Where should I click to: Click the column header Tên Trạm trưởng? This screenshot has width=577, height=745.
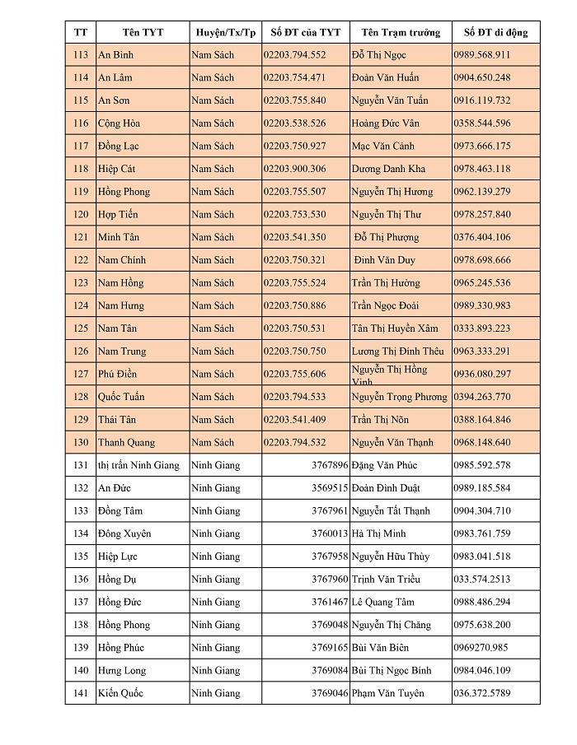[x=400, y=33]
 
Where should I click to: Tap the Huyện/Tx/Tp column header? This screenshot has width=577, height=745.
[x=225, y=33]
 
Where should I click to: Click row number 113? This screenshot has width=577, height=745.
[x=80, y=55]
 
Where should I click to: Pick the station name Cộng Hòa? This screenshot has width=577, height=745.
[x=119, y=123]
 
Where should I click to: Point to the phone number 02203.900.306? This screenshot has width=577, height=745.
[x=294, y=169]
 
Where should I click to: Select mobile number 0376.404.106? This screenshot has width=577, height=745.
[x=481, y=237]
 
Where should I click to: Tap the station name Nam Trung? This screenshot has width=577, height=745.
[x=121, y=352]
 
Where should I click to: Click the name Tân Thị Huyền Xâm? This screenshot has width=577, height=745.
[x=395, y=328]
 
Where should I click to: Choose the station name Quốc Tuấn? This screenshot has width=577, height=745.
[x=120, y=397]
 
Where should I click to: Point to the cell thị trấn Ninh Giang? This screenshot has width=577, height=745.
[x=138, y=465]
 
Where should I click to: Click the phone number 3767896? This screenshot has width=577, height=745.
[x=330, y=465]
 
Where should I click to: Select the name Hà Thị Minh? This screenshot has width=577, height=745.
[x=378, y=533]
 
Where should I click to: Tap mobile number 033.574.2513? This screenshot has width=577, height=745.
[x=481, y=580]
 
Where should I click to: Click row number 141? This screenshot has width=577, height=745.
[x=80, y=693]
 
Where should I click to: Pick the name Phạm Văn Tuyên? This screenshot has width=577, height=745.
[x=387, y=693]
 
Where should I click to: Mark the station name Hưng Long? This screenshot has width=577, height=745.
[x=122, y=670]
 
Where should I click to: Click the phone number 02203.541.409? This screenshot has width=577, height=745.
[x=294, y=420]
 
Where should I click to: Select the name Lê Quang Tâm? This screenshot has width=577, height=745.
[x=385, y=602]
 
